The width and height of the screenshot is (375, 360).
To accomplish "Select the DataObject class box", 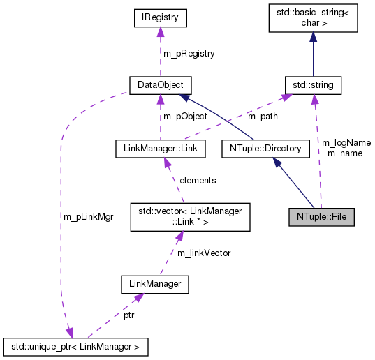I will [x=161, y=86].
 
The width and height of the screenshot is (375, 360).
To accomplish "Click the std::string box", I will [x=313, y=86].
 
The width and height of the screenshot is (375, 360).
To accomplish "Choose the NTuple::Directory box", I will [x=265, y=148].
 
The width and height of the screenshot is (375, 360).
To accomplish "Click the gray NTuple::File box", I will [x=321, y=216].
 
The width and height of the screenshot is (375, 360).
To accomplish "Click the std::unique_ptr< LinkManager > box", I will [x=75, y=344].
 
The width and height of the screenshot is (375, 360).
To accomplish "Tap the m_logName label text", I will [x=346, y=142].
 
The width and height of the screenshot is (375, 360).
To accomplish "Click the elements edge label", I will [x=198, y=180].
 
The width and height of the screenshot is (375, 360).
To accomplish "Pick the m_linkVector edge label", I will [x=203, y=253].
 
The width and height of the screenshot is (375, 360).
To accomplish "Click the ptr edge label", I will [x=130, y=316].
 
